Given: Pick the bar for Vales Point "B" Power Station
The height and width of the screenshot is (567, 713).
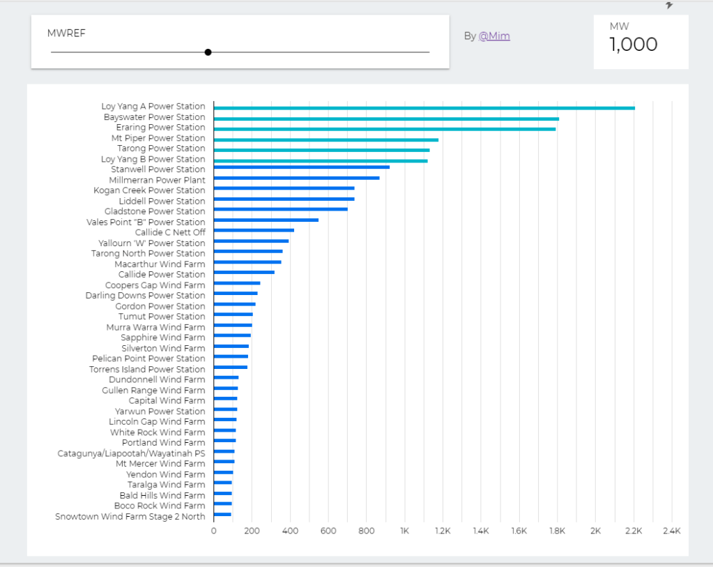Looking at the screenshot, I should click(x=266, y=220).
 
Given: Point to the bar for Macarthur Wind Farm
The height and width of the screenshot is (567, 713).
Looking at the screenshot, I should click(x=247, y=262).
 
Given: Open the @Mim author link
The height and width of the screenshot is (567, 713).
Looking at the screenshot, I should click(x=494, y=36).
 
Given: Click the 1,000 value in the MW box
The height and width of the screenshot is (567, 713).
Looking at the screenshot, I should click(x=633, y=45).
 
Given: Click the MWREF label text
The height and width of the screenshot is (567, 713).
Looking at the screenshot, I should click(x=66, y=33).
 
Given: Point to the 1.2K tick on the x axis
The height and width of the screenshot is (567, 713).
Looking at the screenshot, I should click(x=443, y=531).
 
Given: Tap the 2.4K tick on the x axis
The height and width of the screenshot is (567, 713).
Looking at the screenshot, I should click(x=671, y=531).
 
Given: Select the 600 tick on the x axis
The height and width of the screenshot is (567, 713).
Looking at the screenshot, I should click(x=328, y=531).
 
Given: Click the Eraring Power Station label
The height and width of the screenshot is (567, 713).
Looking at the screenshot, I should click(x=160, y=128).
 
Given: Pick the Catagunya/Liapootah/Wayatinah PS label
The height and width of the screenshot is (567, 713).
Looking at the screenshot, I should click(x=131, y=453).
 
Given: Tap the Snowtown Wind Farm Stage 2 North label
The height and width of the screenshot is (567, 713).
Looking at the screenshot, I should click(x=130, y=516).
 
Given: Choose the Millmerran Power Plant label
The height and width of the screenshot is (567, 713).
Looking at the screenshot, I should click(x=157, y=180).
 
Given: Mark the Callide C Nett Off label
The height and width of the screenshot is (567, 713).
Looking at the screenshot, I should click(x=170, y=232).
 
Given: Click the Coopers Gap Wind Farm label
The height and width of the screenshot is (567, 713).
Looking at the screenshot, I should click(x=155, y=285).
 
